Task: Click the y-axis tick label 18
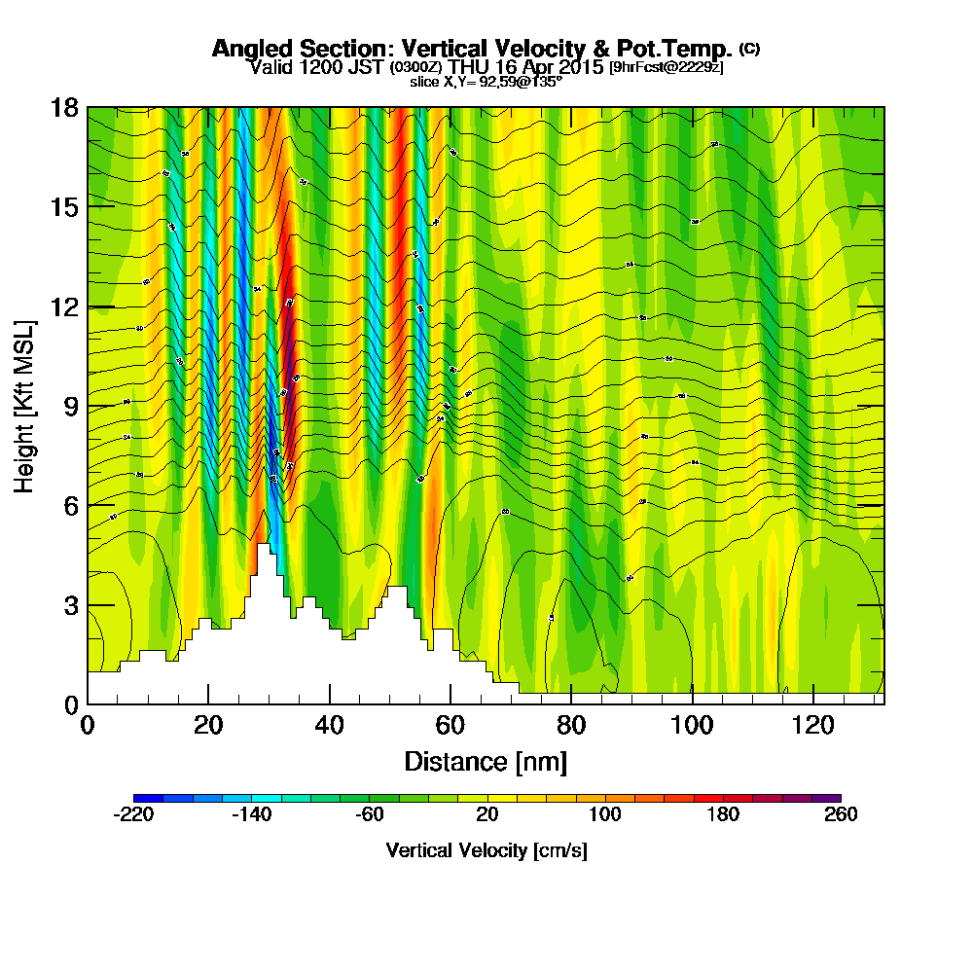(x=64, y=107)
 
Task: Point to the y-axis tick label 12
(x=64, y=306)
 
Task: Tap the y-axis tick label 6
(x=70, y=505)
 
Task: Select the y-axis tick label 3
(x=70, y=605)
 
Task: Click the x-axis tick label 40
(x=330, y=725)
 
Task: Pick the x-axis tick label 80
(x=571, y=725)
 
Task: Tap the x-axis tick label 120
(x=812, y=725)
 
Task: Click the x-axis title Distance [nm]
(x=486, y=760)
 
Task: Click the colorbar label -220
(x=133, y=815)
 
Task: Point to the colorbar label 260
(x=841, y=815)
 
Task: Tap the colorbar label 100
(x=605, y=815)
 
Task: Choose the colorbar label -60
(x=370, y=815)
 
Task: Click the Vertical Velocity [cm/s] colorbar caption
(x=486, y=850)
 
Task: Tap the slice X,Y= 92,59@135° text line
(x=486, y=82)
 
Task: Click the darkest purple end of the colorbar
(x=833, y=799)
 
